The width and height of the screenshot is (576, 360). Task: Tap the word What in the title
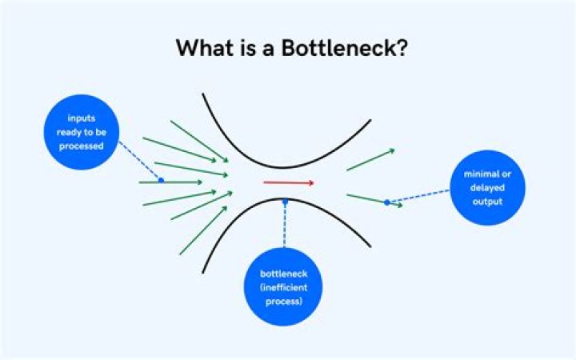(x=205, y=48)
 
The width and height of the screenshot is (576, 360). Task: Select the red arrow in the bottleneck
(x=289, y=182)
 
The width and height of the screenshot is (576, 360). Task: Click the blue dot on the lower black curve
(x=285, y=202)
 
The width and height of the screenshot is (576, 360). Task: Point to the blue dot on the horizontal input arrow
(x=161, y=180)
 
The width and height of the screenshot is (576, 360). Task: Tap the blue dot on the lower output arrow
(x=387, y=202)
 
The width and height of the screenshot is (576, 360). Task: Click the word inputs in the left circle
(x=81, y=118)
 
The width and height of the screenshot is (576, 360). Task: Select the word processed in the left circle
(x=81, y=146)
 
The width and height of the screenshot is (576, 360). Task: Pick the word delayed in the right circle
(x=487, y=188)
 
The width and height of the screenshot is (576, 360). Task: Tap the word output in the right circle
(x=487, y=202)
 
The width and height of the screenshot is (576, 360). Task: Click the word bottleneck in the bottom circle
(x=283, y=274)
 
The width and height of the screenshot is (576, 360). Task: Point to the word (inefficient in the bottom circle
(x=283, y=288)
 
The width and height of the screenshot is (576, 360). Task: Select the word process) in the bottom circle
(x=283, y=302)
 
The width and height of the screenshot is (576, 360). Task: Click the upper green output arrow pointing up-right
(x=370, y=160)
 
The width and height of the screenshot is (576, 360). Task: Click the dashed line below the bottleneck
(x=285, y=225)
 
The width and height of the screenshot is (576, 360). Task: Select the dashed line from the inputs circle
(x=139, y=161)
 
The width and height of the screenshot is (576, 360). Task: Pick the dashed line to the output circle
(x=419, y=196)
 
